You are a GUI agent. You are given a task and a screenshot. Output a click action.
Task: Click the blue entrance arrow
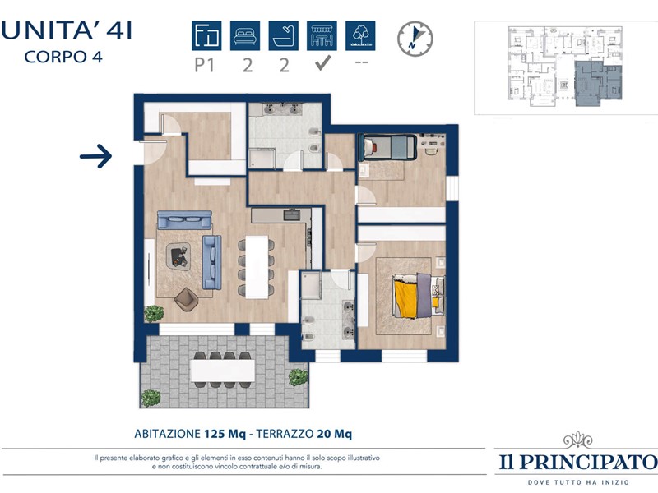point(96,156)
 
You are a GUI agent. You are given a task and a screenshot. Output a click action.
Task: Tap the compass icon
point(415,39)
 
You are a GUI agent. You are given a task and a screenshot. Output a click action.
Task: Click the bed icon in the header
point(245,35)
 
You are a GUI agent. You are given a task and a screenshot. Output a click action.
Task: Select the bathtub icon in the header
point(284,35)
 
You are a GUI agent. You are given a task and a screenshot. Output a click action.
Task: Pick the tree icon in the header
point(360,35)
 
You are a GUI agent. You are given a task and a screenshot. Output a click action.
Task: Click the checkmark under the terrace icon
point(322,63)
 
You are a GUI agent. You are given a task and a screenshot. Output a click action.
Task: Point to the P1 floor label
point(205,66)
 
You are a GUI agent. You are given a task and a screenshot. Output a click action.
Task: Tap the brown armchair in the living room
point(187,299)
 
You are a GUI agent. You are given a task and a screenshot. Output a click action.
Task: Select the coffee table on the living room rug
point(178,256)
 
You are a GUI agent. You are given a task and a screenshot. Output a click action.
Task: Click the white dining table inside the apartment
point(257,267)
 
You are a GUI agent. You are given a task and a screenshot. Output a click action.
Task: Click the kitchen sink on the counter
point(292,215)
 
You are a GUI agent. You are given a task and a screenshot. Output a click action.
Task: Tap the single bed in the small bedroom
point(387,147)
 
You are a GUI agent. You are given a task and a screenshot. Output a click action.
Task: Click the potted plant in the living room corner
point(154,314)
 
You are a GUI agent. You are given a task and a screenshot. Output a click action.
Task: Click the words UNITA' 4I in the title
point(67,30)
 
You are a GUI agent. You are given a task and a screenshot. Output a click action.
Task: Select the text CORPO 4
point(63,57)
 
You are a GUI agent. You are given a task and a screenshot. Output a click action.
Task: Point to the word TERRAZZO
point(285,434)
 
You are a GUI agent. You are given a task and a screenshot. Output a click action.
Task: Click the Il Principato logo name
point(578,462)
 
